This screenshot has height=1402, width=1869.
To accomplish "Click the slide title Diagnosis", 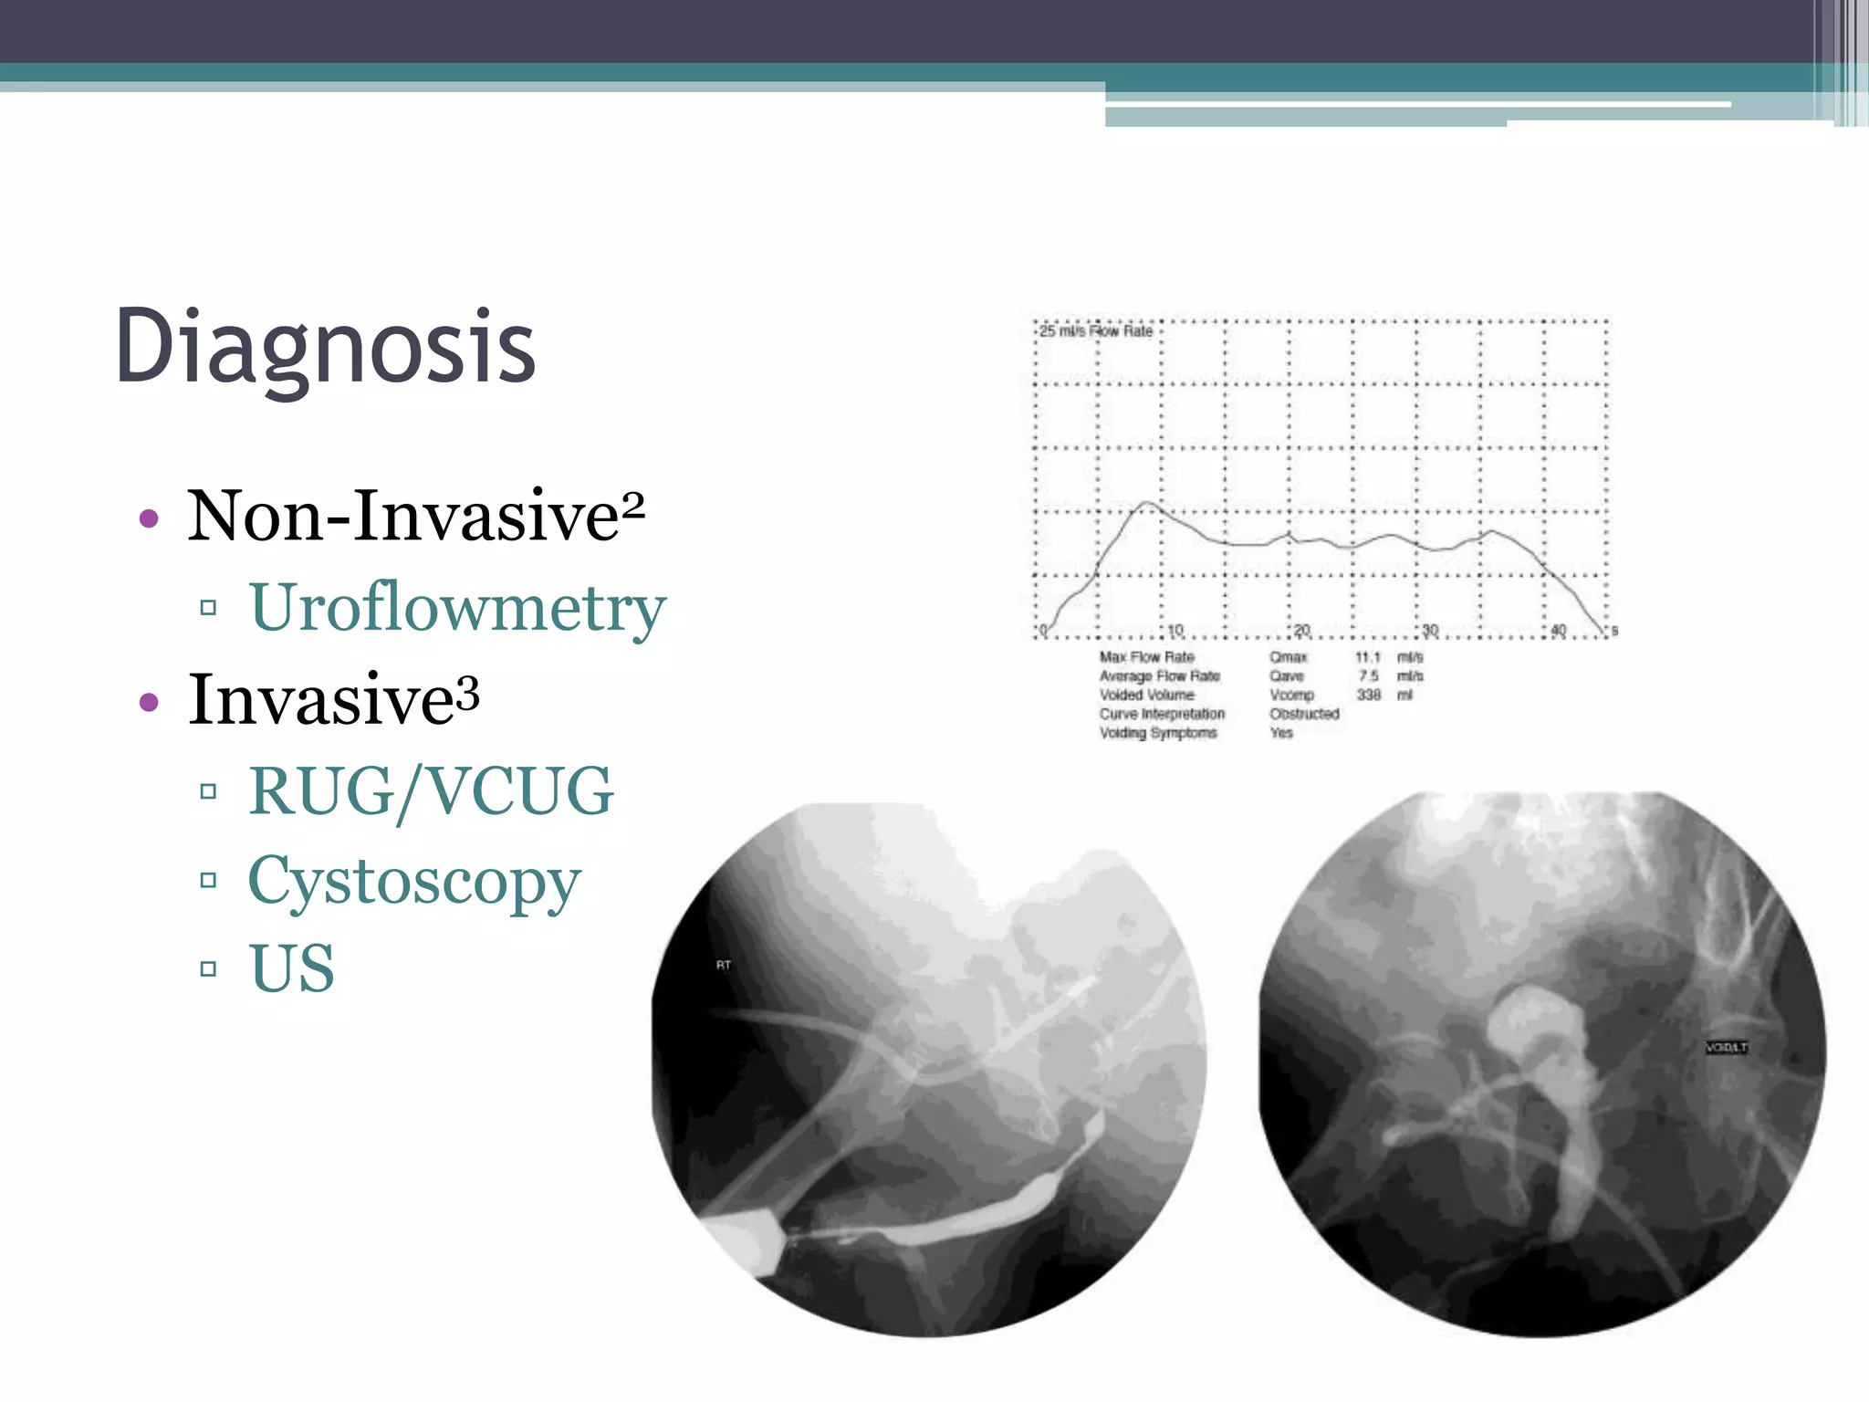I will [x=325, y=347].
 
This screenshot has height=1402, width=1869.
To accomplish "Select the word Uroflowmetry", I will [x=457, y=608].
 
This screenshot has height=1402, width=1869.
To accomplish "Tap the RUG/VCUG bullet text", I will [x=431, y=791].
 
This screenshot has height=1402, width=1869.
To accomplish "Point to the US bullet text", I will [x=291, y=968].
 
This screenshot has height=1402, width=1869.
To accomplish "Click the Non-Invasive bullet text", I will [x=403, y=517].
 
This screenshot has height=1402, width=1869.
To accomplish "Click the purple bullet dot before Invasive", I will [x=149, y=703].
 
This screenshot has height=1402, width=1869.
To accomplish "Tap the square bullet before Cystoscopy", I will [x=208, y=880].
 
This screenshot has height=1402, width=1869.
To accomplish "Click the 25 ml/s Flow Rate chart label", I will [x=1096, y=331].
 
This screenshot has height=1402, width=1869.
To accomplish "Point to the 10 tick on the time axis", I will [x=1175, y=630].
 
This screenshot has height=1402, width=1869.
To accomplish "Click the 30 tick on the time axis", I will [x=1429, y=630].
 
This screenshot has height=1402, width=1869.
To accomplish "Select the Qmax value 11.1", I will [x=1367, y=657].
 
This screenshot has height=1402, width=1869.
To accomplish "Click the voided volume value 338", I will [x=1368, y=695].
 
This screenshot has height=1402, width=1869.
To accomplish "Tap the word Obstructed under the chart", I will [x=1304, y=714].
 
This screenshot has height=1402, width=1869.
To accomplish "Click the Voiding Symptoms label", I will [x=1157, y=733].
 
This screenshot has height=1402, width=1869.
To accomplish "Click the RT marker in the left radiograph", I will [x=724, y=966].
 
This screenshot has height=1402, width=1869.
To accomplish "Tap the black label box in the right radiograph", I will [x=1726, y=1047].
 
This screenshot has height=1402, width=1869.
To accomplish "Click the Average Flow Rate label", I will [x=1159, y=676].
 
